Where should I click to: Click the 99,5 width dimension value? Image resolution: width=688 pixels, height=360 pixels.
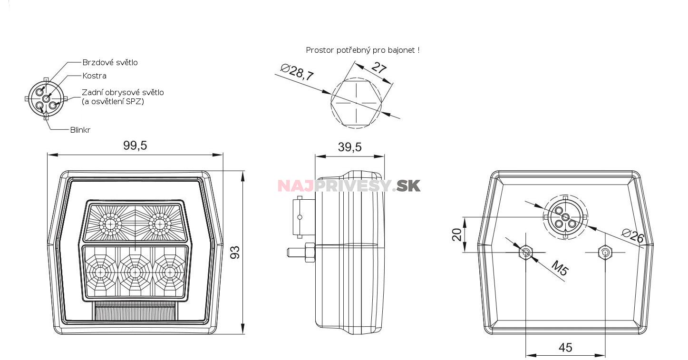pos(135,146)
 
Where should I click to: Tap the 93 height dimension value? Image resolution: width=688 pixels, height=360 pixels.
pos(235,253)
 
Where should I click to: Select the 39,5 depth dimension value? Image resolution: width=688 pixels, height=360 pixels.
pos(350,147)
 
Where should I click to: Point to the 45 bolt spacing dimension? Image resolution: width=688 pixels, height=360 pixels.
pos(565,348)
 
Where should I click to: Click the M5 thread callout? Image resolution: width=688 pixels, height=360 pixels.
pos(560,268)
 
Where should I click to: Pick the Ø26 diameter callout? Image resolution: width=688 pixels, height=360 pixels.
pos(633,236)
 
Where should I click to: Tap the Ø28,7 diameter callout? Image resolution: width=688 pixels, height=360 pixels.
pos(297,72)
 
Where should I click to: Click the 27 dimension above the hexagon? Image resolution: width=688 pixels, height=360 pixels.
pos(378,68)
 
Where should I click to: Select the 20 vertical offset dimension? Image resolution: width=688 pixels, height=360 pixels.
pos(457,234)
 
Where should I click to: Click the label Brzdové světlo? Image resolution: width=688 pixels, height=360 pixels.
pos(110,62)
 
